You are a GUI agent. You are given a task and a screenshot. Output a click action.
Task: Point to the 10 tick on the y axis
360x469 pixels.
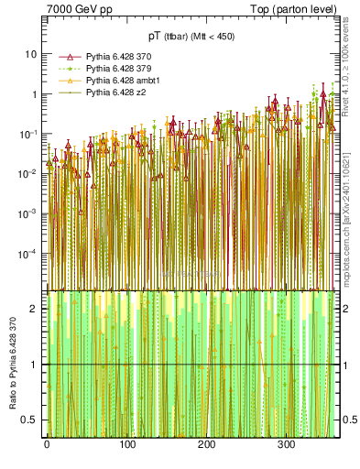31,53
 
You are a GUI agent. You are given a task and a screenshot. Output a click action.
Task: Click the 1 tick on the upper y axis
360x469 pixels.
34,93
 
